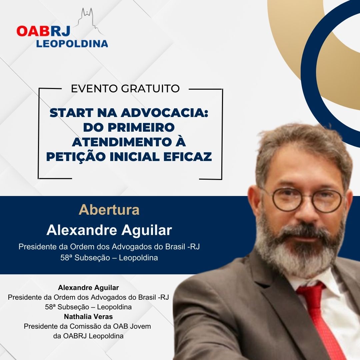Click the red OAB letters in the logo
(33, 31)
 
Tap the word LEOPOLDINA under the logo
(72, 44)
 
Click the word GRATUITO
(150, 89)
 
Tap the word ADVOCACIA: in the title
(165, 113)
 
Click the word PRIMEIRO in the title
(141, 127)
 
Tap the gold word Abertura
(109, 210)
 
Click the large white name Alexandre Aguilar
(109, 230)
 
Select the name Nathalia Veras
(88, 317)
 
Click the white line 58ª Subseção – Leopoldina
(109, 258)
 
